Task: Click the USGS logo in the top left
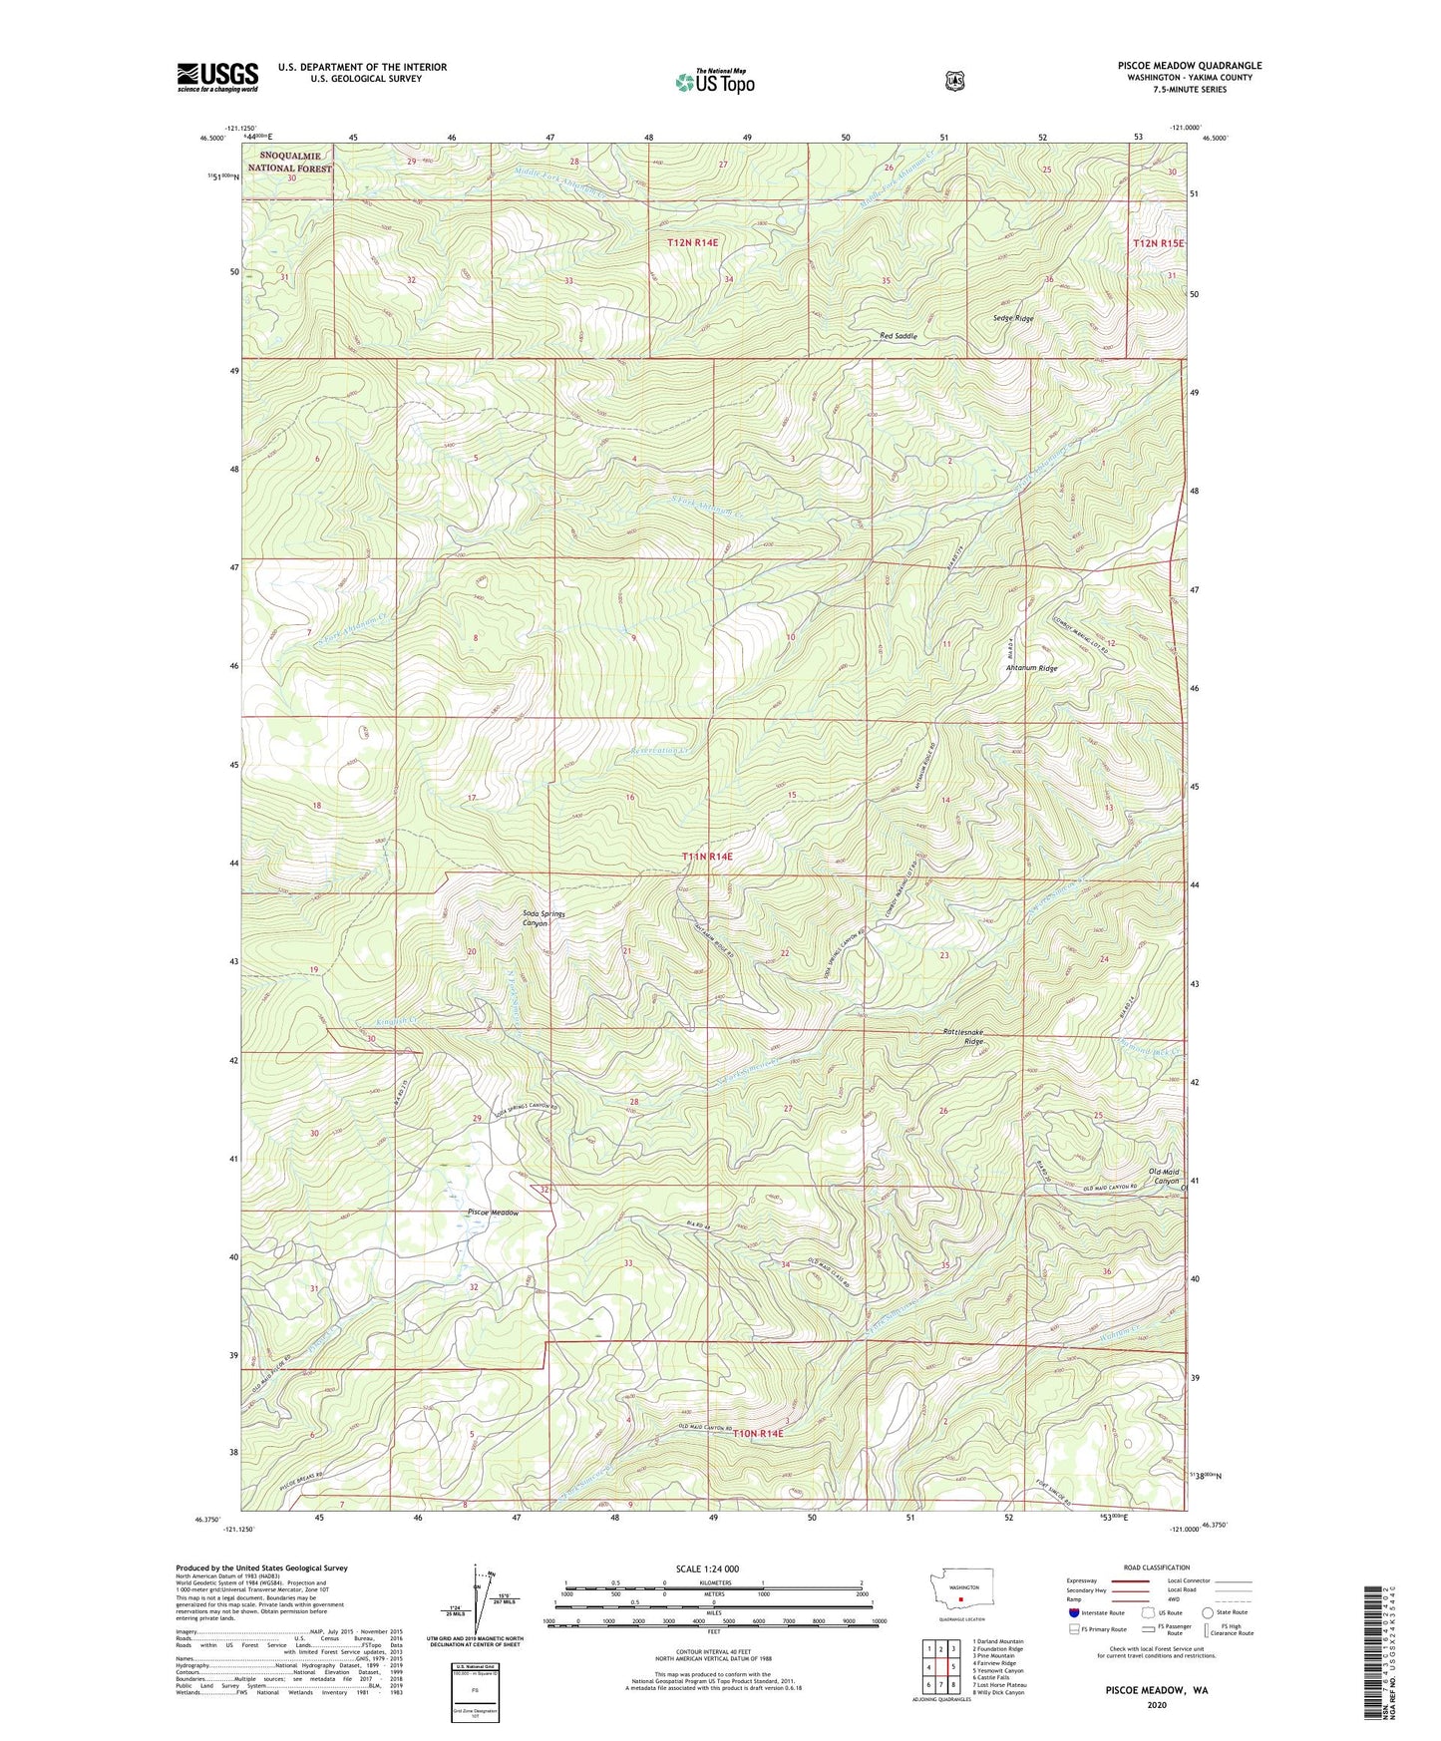217,77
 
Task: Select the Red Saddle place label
898,336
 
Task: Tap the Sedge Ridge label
1012,318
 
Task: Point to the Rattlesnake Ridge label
963,1035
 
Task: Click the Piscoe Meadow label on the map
493,1213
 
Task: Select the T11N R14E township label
707,857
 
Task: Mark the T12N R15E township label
1157,243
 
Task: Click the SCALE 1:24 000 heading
707,1568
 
